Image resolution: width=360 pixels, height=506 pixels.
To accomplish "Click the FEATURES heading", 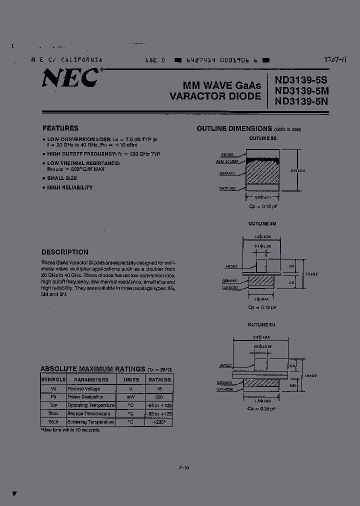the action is point(60,128).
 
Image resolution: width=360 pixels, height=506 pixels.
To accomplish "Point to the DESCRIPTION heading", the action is point(65,252).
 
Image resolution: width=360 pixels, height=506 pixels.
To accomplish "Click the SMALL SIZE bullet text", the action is point(62,178).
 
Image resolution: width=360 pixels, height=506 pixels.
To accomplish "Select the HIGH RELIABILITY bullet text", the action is point(70,187).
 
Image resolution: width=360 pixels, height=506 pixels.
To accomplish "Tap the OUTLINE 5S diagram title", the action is point(262,137).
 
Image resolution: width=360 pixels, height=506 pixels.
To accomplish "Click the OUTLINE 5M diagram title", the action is point(262,223).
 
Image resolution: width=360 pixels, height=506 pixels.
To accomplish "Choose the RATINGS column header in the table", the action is point(159,379).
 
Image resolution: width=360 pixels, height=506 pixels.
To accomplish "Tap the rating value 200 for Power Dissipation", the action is point(159,396).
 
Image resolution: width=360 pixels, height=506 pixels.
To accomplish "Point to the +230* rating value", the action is point(159,422).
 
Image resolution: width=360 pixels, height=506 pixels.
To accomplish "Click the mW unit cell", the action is point(131,396).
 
